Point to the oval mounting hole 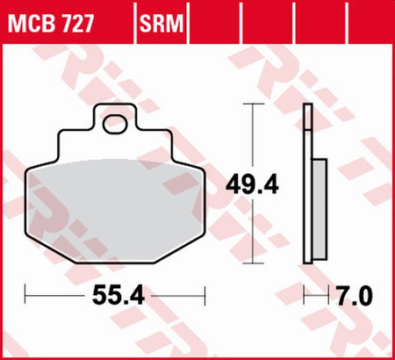pos(112,126)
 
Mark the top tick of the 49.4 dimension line pos(254,104)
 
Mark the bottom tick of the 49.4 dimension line pos(254,263)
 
